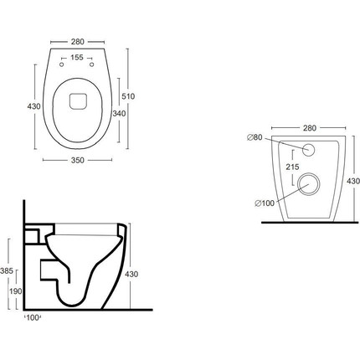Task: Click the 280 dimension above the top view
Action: coord(77,42)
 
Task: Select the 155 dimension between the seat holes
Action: coord(77,58)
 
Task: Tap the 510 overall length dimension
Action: coord(128,96)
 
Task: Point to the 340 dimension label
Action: coord(119,114)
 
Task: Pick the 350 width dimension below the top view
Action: coord(77,160)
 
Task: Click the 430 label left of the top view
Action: coord(34,106)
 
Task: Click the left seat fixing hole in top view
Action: coord(62,64)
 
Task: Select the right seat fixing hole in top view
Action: coord(91,64)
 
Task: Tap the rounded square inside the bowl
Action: coord(79,101)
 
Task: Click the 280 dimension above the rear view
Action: coord(310,128)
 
